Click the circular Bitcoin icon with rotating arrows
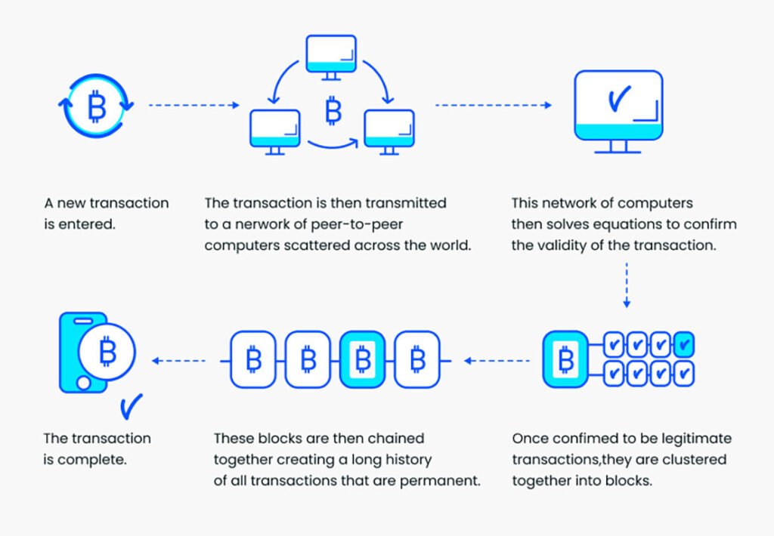[96, 106]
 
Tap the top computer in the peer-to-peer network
[331, 57]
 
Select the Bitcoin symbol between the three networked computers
[333, 110]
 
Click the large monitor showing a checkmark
[618, 112]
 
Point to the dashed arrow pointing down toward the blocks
[627, 285]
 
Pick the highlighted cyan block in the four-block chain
[363, 359]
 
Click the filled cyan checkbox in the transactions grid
[684, 344]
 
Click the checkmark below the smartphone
[132, 406]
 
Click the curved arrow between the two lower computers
[333, 143]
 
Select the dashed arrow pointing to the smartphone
[178, 361]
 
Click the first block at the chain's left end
[253, 359]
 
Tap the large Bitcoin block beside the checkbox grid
[565, 359]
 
